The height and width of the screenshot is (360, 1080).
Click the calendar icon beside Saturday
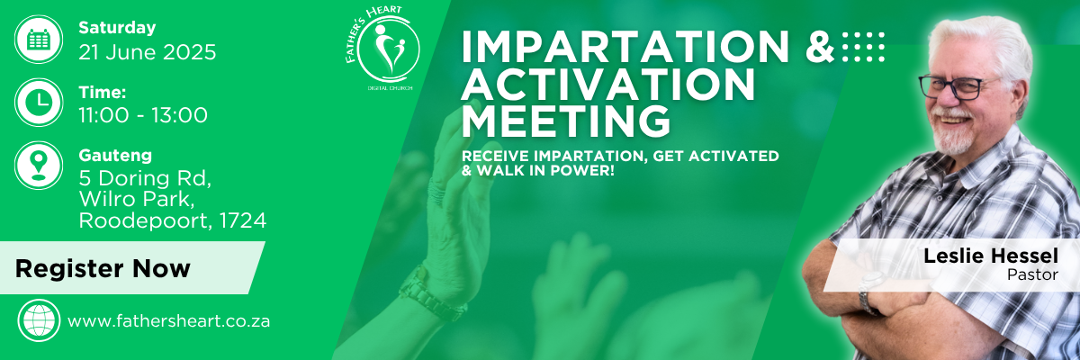tap(39, 39)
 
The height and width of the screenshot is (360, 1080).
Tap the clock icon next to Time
tap(39, 103)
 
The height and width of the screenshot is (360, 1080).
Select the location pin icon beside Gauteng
tap(39, 166)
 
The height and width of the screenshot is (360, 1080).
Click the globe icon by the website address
tap(39, 320)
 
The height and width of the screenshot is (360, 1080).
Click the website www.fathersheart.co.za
tap(169, 321)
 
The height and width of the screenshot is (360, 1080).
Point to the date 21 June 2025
tap(148, 52)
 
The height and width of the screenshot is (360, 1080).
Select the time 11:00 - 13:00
tap(143, 115)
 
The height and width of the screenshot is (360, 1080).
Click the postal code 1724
tap(242, 220)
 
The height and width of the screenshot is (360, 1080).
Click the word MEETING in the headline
tap(566, 121)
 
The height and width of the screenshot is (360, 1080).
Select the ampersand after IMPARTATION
tap(820, 47)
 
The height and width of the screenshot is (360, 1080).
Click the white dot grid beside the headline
tap(863, 47)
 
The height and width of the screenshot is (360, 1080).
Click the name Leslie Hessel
tap(991, 256)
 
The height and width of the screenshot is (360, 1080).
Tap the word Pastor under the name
tap(1032, 274)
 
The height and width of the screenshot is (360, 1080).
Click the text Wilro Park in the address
tap(137, 200)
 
